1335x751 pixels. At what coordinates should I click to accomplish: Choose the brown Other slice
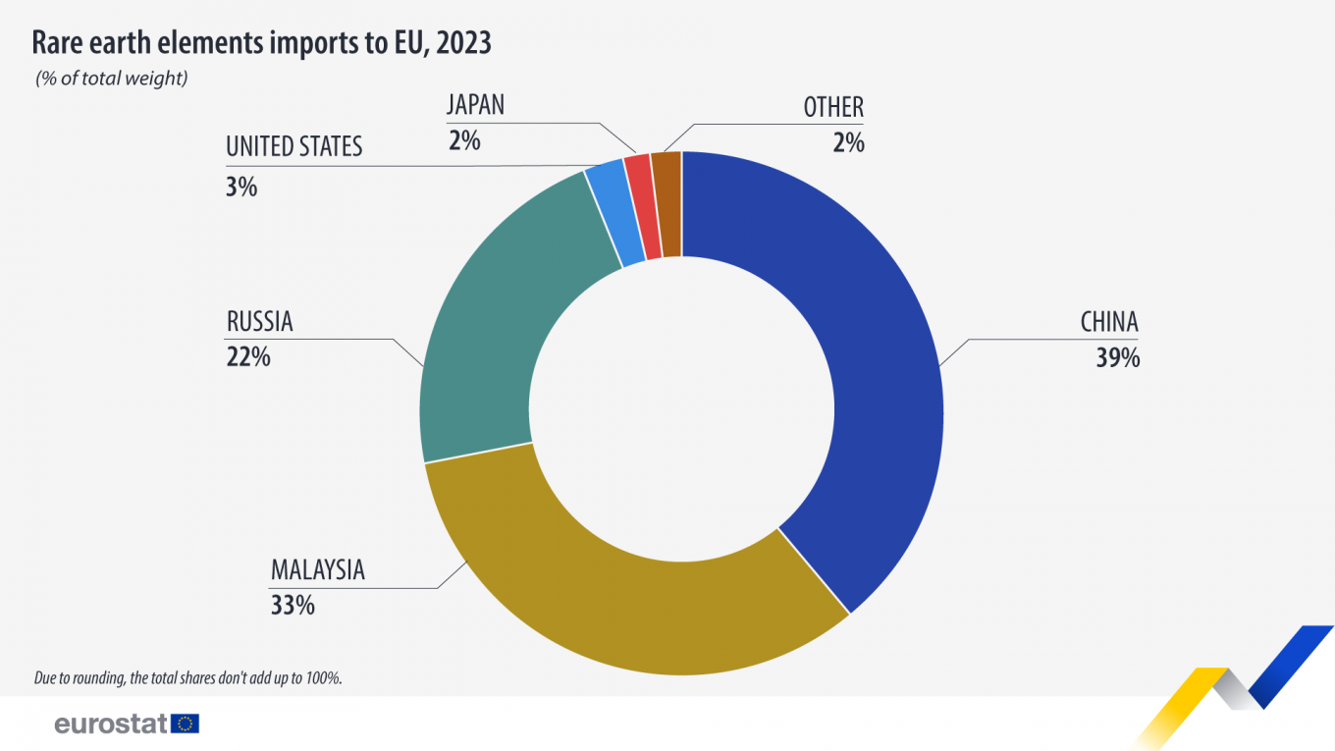click(667, 204)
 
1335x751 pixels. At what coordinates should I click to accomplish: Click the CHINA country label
click(1109, 322)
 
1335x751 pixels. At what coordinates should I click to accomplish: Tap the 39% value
click(1118, 358)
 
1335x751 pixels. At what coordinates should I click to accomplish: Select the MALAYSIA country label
click(317, 570)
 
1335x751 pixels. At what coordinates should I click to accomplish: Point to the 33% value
click(293, 606)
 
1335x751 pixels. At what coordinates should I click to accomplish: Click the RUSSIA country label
click(259, 321)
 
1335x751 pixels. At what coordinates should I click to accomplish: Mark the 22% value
click(248, 356)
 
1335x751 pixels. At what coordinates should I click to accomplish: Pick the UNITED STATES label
click(294, 147)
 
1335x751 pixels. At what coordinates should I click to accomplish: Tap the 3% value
click(241, 187)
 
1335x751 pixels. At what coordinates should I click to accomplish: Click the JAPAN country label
click(475, 105)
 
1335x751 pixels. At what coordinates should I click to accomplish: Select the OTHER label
click(833, 107)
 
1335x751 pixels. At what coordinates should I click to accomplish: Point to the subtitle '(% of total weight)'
click(111, 79)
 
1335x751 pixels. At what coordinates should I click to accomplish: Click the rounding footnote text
click(187, 677)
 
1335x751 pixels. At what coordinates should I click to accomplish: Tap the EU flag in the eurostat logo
click(185, 724)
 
